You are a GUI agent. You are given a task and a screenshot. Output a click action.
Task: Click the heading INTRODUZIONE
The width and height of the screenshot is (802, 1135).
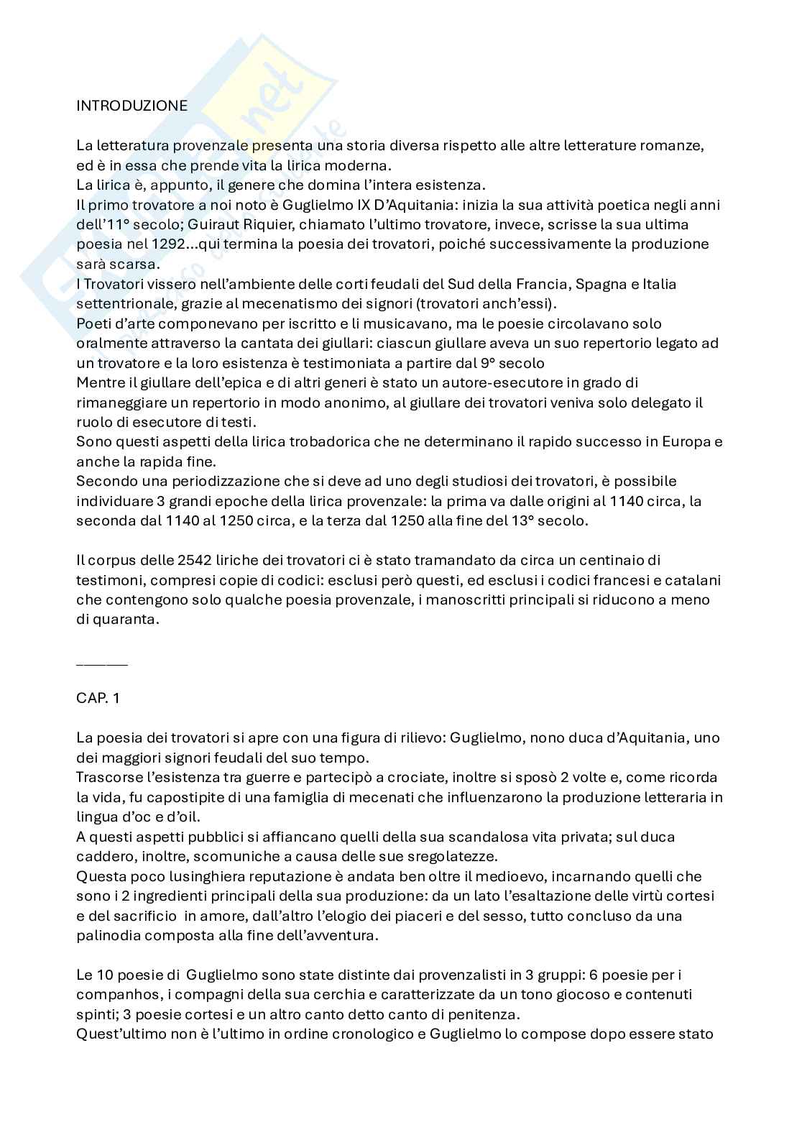pyautogui.click(x=132, y=106)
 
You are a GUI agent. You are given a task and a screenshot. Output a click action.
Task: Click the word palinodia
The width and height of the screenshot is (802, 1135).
pyautogui.click(x=108, y=936)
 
